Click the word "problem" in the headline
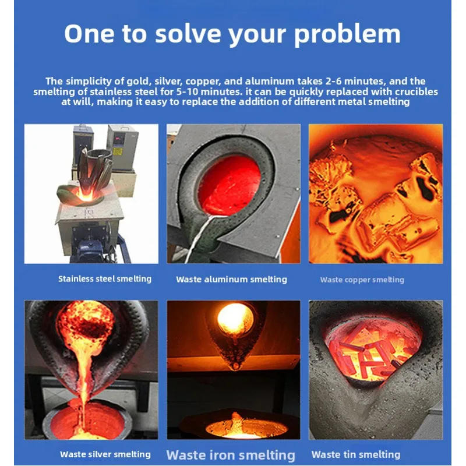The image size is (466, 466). click(347, 34)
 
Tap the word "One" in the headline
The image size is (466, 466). click(87, 34)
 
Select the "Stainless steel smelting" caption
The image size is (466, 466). click(104, 279)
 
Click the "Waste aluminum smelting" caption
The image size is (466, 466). click(231, 280)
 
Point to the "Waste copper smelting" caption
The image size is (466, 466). click(362, 280)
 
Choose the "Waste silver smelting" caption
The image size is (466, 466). click(105, 454)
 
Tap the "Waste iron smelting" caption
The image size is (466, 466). click(231, 455)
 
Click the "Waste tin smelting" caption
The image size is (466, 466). click(356, 454)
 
